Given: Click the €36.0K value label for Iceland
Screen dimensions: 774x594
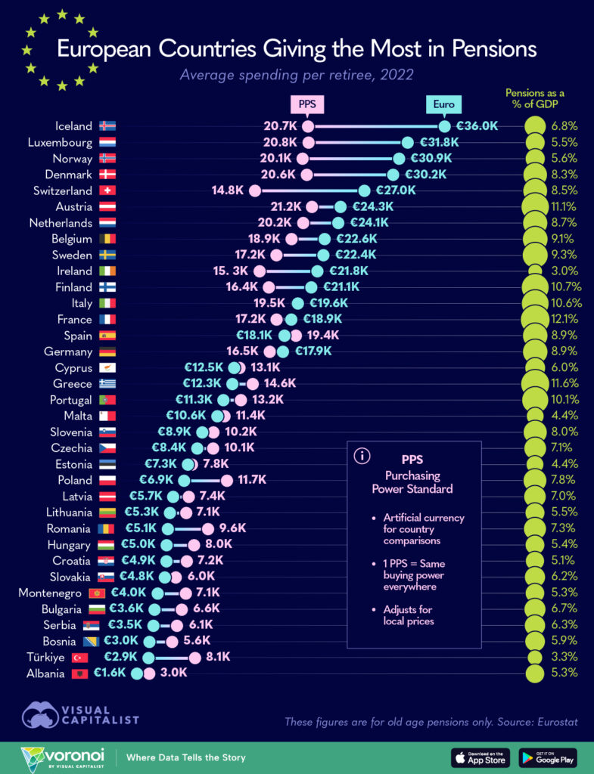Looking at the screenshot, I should point(477,126).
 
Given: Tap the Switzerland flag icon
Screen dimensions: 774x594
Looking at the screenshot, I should point(107,190).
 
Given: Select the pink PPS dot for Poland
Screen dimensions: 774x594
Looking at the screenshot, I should point(226,480).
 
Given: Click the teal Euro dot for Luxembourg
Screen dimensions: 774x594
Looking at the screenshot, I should point(408,142).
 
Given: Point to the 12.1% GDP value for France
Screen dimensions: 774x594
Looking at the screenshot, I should point(565,319).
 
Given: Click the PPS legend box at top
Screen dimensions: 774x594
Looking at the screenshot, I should point(306,104).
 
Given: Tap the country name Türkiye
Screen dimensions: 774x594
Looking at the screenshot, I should point(45,658).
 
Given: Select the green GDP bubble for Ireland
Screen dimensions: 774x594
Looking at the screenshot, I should point(534,271).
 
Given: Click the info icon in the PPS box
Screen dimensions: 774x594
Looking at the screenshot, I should point(362,456).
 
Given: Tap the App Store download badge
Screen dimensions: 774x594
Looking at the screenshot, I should point(481,757).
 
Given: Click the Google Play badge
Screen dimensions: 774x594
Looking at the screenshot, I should point(548,757).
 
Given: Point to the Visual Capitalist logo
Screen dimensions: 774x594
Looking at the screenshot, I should point(80,716).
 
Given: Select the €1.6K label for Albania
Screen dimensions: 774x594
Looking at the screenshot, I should point(110,673).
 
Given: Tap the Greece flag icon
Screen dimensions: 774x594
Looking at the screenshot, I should point(107,383).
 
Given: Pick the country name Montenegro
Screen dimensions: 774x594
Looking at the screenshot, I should point(50,593).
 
